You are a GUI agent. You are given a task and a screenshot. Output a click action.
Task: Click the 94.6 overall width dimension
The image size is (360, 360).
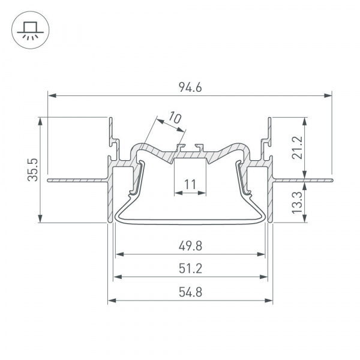coord(190,88)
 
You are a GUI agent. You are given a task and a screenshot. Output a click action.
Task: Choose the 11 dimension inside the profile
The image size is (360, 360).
coord(190,184)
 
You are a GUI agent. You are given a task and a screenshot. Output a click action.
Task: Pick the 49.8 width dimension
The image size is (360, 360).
coord(190,245)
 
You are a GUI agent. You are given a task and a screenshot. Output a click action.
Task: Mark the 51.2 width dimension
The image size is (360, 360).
coord(190,268)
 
